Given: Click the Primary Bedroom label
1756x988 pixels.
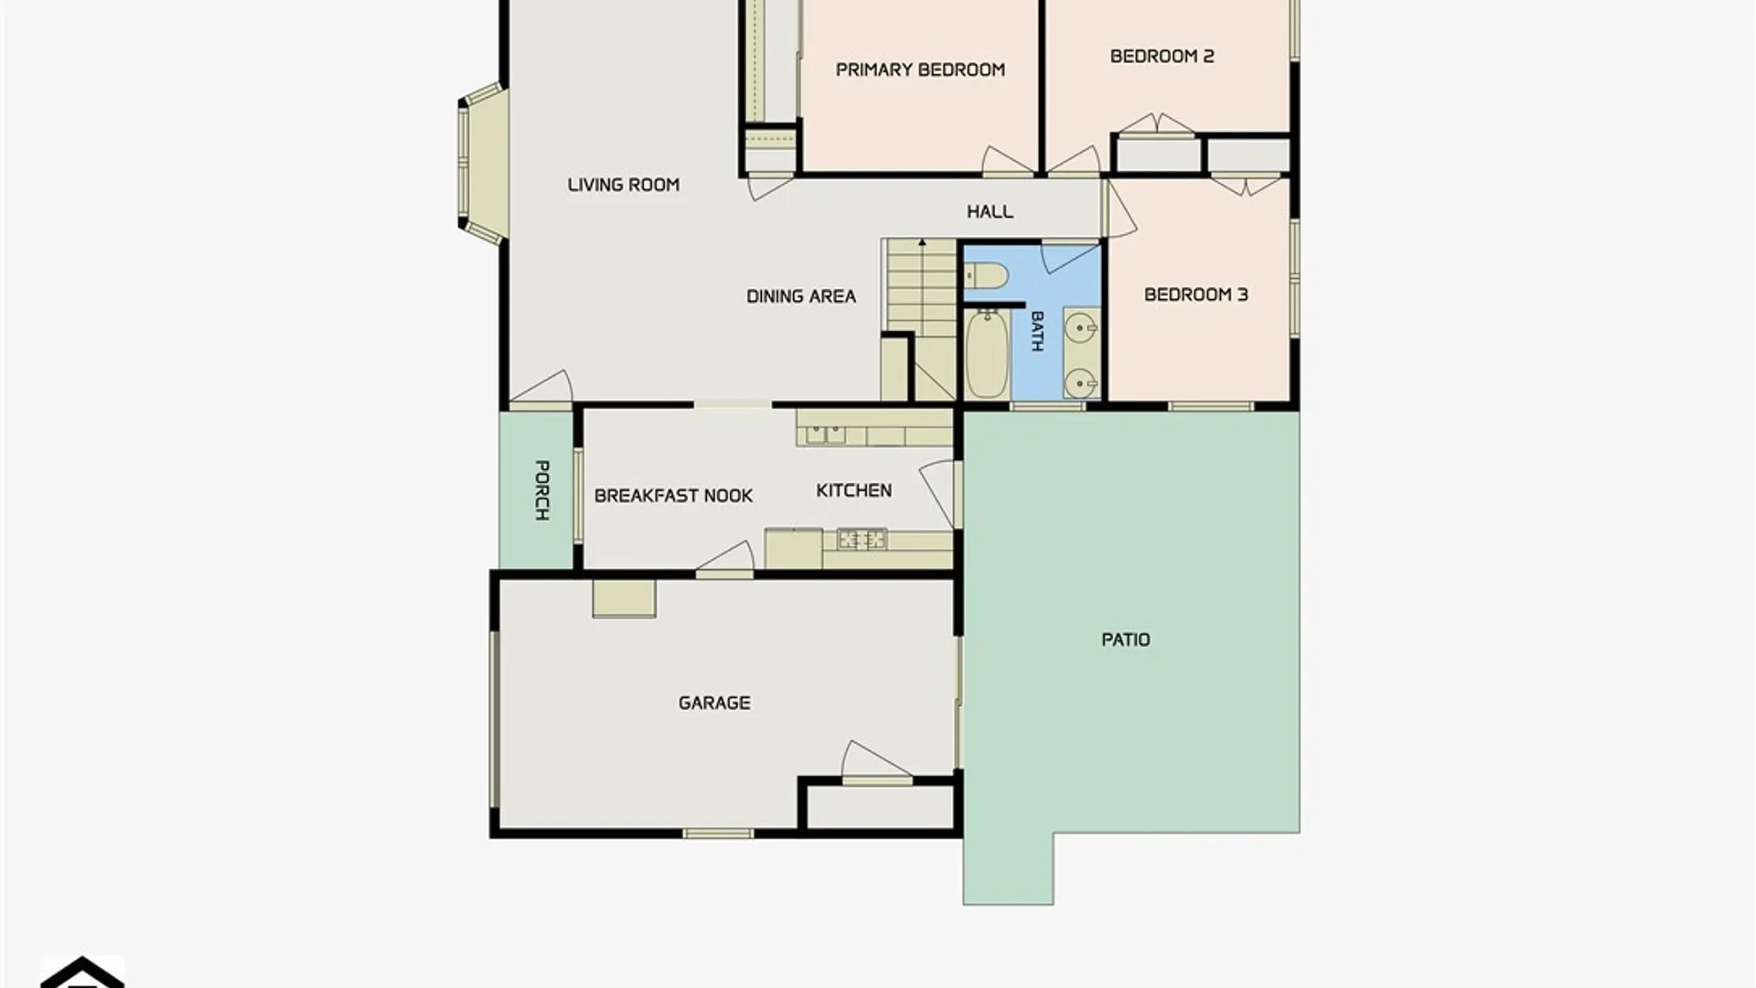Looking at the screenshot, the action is [x=920, y=70].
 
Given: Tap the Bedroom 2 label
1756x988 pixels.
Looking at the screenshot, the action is [x=1162, y=57].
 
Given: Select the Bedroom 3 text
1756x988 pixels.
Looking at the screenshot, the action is [x=1195, y=295].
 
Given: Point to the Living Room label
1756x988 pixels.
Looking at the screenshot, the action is [x=623, y=185].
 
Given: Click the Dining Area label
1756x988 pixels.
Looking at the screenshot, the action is [x=801, y=296].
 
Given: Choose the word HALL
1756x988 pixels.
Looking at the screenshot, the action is [x=990, y=212].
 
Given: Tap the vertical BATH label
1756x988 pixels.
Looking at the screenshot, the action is [x=1037, y=331].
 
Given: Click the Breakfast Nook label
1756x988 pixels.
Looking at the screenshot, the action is [x=673, y=496].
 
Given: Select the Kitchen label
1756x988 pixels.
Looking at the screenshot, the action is [x=853, y=491].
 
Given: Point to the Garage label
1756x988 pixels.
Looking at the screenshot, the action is [x=714, y=703].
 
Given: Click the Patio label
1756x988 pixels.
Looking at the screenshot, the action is [x=1126, y=640].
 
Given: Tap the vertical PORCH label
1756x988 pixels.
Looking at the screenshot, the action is [x=541, y=490].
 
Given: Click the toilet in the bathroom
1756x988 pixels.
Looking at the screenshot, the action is [x=986, y=274].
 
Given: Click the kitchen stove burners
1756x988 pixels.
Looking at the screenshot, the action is [x=862, y=540].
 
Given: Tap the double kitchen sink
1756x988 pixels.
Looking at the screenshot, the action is [x=825, y=434].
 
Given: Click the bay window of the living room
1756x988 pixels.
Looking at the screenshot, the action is [x=482, y=164].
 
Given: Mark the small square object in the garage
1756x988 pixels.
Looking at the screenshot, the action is [x=624, y=598].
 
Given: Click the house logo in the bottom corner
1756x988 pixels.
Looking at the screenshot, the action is [x=82, y=972].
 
